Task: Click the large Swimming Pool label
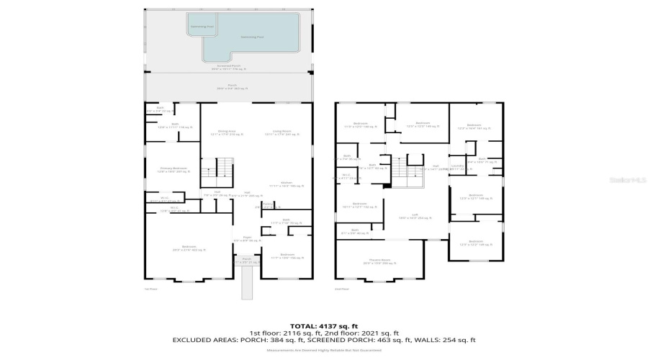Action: pos(251,35)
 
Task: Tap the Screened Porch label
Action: pos(228,68)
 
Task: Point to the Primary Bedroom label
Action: pos(173,170)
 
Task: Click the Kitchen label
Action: pos(287,184)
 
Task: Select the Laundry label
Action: pos(457,166)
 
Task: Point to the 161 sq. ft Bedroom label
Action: pos(474,126)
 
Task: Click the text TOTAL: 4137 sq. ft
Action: pos(323,325)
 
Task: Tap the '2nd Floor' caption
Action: pos(341,289)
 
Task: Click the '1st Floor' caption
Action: pos(151,289)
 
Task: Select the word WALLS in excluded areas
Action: pos(434,339)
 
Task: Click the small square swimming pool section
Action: pos(202,27)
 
